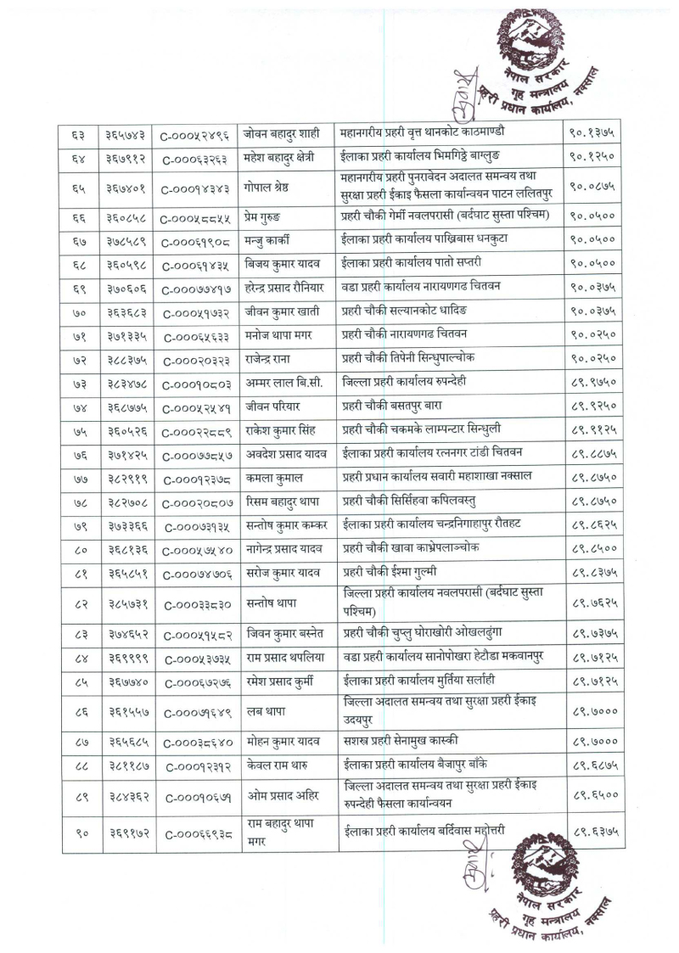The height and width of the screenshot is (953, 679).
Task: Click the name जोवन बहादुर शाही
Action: (280, 132)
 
